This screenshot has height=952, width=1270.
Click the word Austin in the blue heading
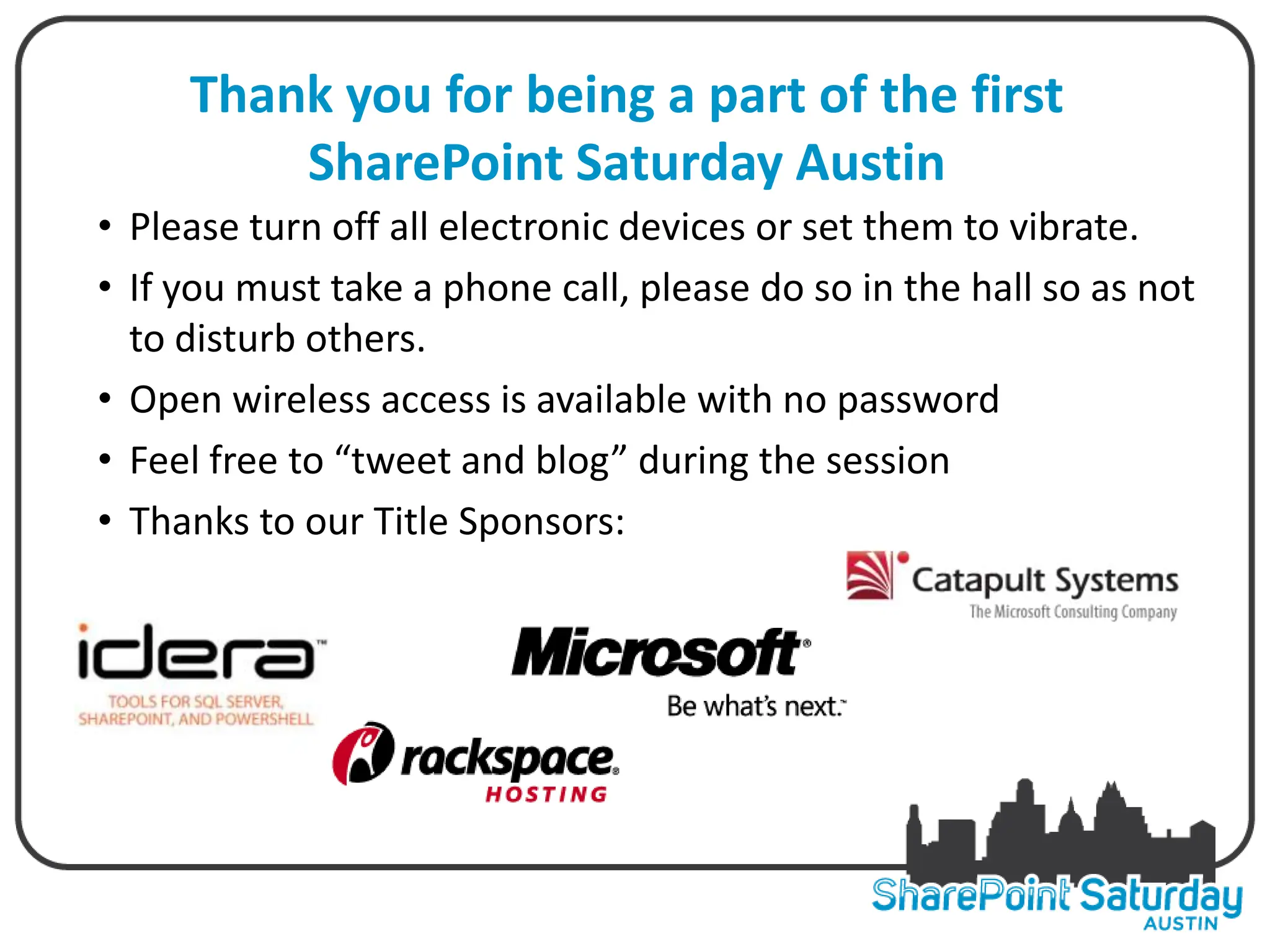[870, 162]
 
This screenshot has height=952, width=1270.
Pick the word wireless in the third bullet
[301, 400]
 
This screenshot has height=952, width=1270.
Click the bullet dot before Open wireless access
[105, 398]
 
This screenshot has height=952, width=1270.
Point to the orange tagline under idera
[196, 710]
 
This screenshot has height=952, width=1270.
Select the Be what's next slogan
[755, 707]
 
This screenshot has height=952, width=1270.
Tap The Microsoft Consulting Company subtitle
[1073, 612]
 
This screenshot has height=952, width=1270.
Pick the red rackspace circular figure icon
[363, 754]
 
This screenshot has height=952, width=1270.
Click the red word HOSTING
[546, 795]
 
